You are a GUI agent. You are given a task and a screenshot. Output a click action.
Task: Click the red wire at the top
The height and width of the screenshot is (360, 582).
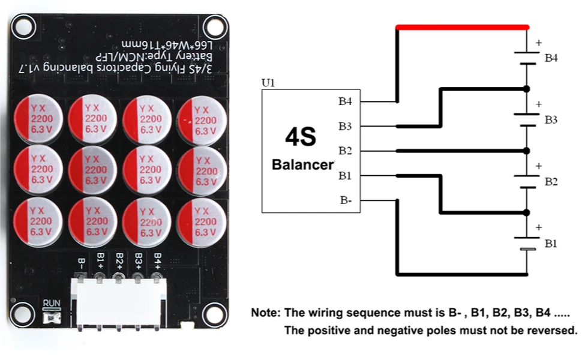pos(462,27)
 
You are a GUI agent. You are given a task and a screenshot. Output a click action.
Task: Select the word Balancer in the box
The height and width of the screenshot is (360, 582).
pos(302,164)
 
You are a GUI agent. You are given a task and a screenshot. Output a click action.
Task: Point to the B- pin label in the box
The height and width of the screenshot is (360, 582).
pos(346,200)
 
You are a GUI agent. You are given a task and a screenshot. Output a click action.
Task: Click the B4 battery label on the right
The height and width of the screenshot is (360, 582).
pos(551,58)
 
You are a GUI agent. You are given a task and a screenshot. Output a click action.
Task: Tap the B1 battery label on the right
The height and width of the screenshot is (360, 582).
pos(551,244)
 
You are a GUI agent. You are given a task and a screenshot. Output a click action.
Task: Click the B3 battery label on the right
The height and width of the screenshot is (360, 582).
pos(551,120)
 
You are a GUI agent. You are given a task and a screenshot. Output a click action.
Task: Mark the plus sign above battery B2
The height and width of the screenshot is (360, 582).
pos(538,166)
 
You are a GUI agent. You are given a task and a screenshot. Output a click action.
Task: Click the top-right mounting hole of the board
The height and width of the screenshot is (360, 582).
pos(213,26)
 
